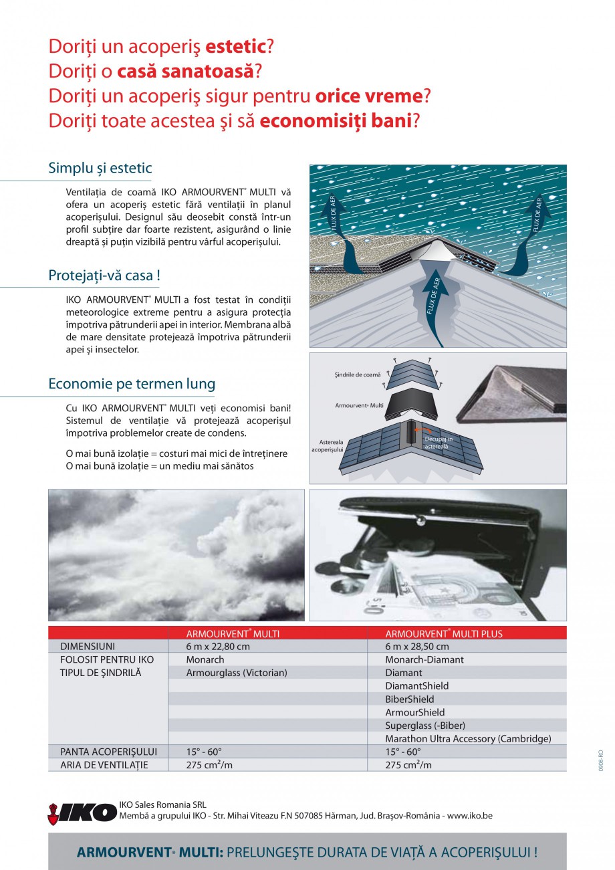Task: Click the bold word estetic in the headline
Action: [x=236, y=47]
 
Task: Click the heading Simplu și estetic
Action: [x=100, y=169]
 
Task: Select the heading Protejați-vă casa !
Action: [x=104, y=276]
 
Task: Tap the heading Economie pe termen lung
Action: [x=132, y=384]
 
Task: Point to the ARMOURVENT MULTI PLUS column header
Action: [x=444, y=633]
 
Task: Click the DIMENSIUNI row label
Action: [x=88, y=647]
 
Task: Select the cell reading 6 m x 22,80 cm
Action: [x=218, y=647]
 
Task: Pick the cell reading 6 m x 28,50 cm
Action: [x=417, y=647]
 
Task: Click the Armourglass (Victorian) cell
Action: [x=237, y=673]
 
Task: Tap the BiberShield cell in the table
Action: [x=410, y=699]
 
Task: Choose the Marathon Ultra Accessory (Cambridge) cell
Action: [x=468, y=739]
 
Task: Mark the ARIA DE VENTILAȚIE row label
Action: [x=104, y=765]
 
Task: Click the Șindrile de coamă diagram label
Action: [x=357, y=375]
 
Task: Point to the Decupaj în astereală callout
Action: [x=439, y=442]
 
